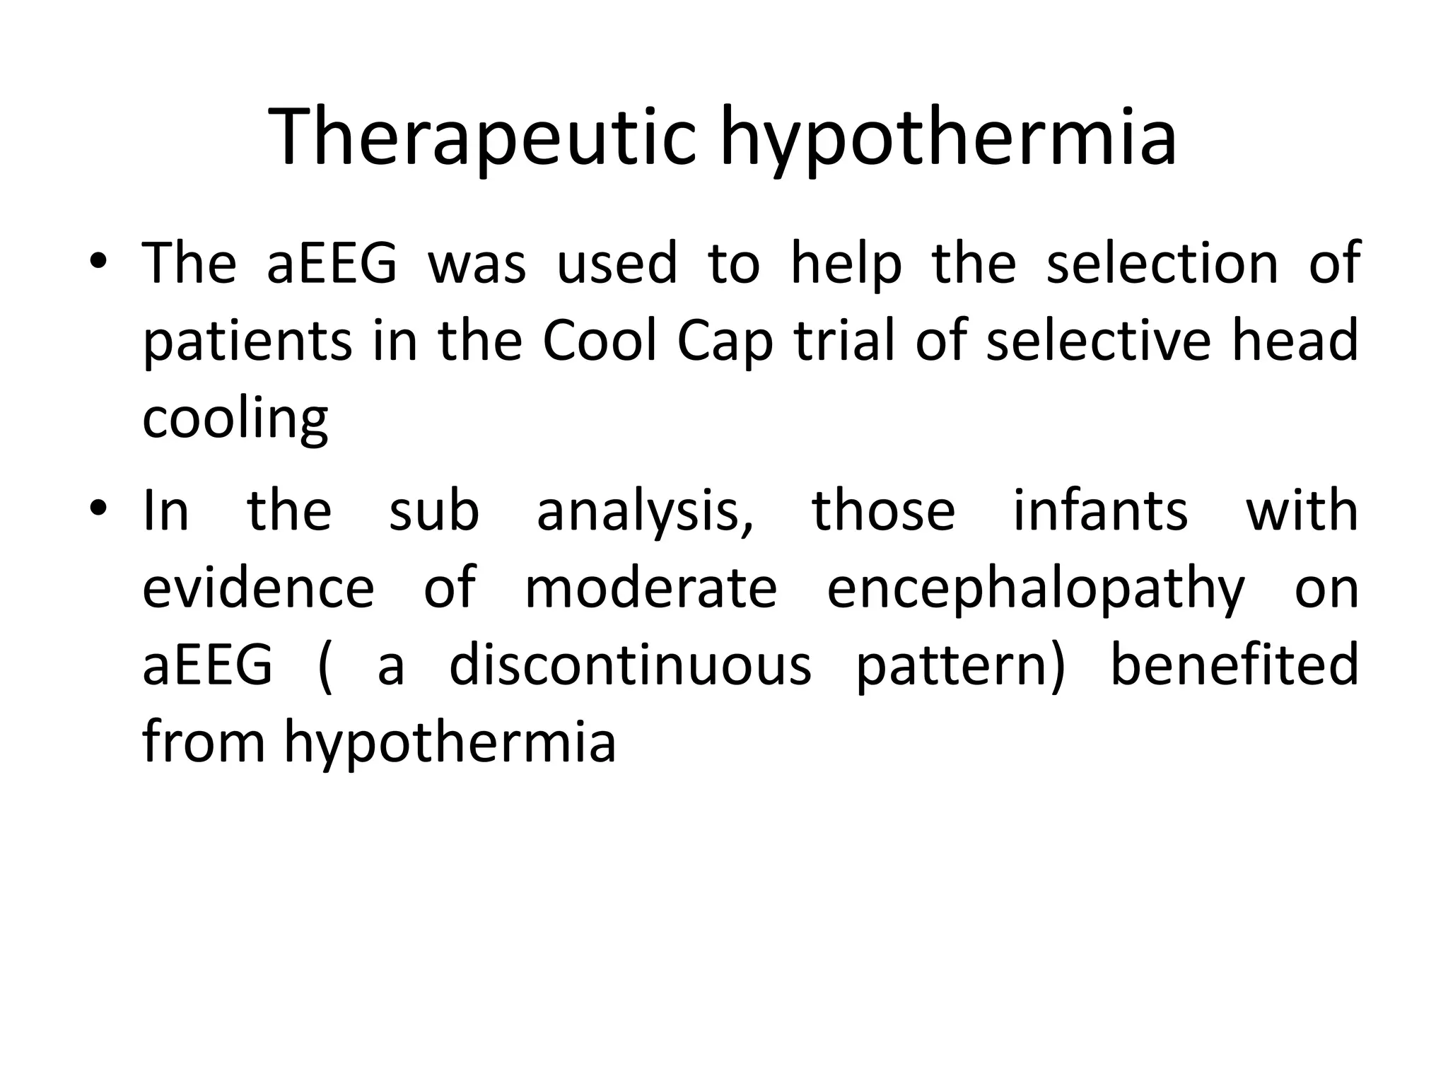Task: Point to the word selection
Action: (1162, 262)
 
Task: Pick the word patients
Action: (247, 340)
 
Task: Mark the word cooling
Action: (235, 419)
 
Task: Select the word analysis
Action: (645, 510)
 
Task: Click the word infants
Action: (1100, 510)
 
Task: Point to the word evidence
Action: (258, 588)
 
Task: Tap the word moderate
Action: (651, 588)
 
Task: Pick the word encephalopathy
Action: (1035, 589)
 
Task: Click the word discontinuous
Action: (631, 665)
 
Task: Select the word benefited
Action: (1234, 665)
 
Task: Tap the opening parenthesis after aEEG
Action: (325, 667)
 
